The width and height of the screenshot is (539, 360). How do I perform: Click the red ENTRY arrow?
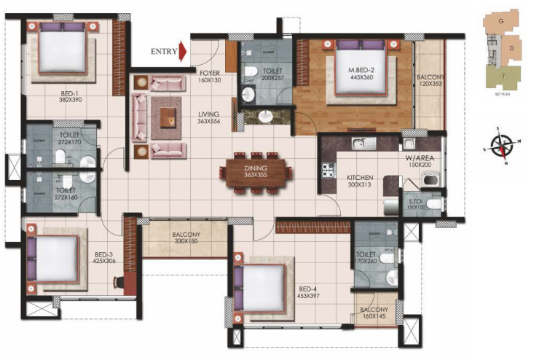tap(183, 52)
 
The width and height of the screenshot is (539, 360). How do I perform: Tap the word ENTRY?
tap(163, 52)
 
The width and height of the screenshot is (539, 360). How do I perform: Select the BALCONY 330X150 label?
tap(186, 238)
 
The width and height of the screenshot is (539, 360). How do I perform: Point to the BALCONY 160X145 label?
tap(375, 314)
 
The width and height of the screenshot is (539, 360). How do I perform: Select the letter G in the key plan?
tap(501, 22)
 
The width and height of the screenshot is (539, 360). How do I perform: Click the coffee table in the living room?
tap(169, 114)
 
